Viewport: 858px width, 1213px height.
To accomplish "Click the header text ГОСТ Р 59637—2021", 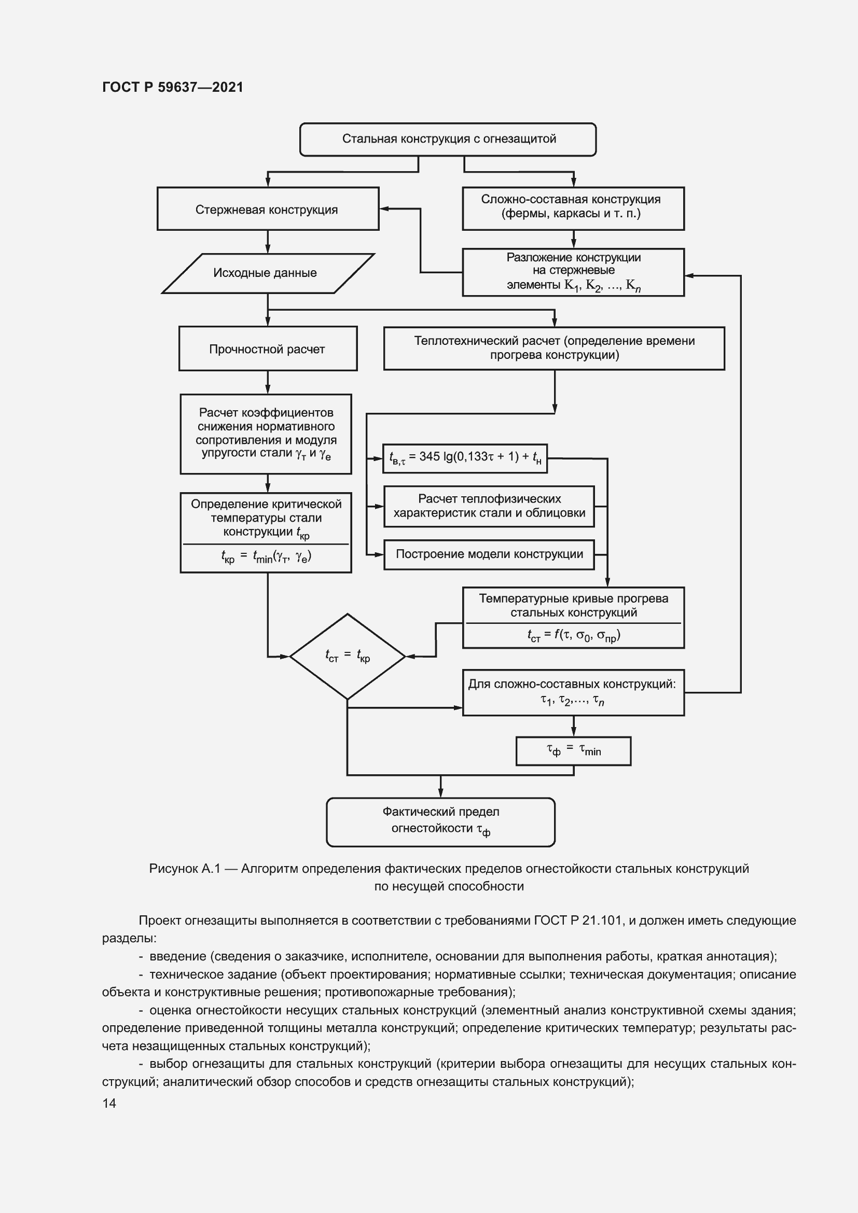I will tap(173, 87).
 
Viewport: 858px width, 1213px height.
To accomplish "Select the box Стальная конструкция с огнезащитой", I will tap(448, 139).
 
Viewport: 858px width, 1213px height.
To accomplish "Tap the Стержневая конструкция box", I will tap(267, 209).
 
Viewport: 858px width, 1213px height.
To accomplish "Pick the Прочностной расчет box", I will tap(267, 348).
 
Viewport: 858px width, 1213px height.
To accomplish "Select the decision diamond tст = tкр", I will tap(347, 656).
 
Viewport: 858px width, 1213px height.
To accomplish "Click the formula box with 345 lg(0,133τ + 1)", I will tap(465, 457).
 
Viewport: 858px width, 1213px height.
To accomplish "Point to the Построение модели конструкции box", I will tap(489, 554).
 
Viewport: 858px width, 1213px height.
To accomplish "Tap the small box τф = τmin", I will tap(573, 751).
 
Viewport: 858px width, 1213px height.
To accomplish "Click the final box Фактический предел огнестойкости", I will tap(440, 821).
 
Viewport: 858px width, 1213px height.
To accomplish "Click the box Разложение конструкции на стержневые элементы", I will tap(573, 272).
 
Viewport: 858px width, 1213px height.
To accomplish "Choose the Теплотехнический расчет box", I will tap(553, 348).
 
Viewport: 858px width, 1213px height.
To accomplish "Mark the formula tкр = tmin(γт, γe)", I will tap(266, 557).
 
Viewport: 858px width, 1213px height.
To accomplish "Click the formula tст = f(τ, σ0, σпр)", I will tap(573, 635).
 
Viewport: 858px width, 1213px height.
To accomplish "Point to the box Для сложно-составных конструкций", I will tap(573, 692).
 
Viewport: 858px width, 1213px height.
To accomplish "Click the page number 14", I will tap(109, 1103).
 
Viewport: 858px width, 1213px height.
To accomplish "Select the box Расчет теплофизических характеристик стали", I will tap(489, 506).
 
